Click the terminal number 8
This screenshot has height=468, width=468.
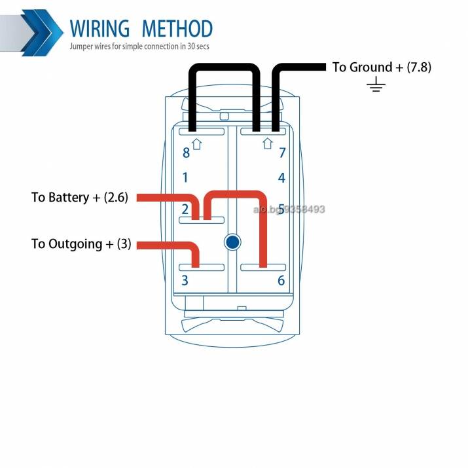pyautogui.click(x=187, y=153)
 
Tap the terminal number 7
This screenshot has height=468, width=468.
pyautogui.click(x=282, y=153)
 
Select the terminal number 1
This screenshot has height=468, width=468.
pyautogui.click(x=185, y=177)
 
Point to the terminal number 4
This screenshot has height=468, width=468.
pyautogui.click(x=281, y=178)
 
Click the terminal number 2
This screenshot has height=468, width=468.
pyautogui.click(x=185, y=209)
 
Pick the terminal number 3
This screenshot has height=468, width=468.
pyautogui.click(x=185, y=280)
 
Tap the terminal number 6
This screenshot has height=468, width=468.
pyautogui.click(x=281, y=281)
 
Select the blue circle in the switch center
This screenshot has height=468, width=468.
pyautogui.click(x=232, y=242)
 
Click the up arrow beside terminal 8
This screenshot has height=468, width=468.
pyautogui.click(x=197, y=144)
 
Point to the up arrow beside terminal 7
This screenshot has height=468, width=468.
pyautogui.click(x=268, y=143)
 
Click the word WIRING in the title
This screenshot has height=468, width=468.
pyautogui.click(x=100, y=29)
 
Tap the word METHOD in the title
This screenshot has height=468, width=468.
pyautogui.click(x=177, y=29)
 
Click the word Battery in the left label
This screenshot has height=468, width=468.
pyautogui.click(x=69, y=198)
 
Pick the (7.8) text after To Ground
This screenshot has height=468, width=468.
pyautogui.click(x=419, y=67)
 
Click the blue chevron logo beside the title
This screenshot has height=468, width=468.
pyautogui.click(x=42, y=33)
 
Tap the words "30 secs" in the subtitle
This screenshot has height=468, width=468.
pyautogui.click(x=198, y=46)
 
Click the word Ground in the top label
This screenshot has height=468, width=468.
pyautogui.click(x=370, y=67)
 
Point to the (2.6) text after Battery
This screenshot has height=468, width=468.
pyautogui.click(x=116, y=197)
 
